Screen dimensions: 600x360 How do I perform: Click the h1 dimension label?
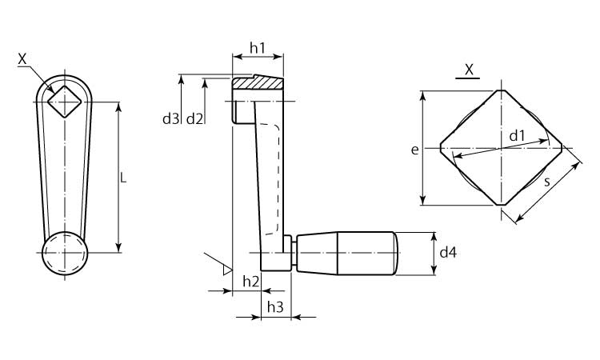257,48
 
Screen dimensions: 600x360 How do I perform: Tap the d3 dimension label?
170,119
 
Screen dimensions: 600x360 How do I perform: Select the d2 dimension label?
194,119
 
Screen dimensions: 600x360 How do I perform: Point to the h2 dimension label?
251,282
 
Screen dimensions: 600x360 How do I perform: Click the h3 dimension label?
275,307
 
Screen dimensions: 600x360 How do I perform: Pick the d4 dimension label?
448,253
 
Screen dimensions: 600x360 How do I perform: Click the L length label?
123,178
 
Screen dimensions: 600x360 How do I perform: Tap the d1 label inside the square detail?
517,135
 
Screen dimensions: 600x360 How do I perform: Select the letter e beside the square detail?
414,150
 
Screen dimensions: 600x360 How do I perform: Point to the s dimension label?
547,182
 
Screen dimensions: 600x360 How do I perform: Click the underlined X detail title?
469,70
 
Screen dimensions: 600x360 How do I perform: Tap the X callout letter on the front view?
22,59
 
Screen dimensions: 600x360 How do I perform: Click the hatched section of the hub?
258,83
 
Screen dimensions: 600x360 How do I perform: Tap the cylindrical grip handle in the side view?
347,253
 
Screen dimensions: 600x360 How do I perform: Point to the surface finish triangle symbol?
228,270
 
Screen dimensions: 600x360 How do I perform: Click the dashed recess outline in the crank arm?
278,178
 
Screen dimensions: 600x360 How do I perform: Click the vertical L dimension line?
119,178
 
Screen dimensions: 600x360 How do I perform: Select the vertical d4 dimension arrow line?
434,254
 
